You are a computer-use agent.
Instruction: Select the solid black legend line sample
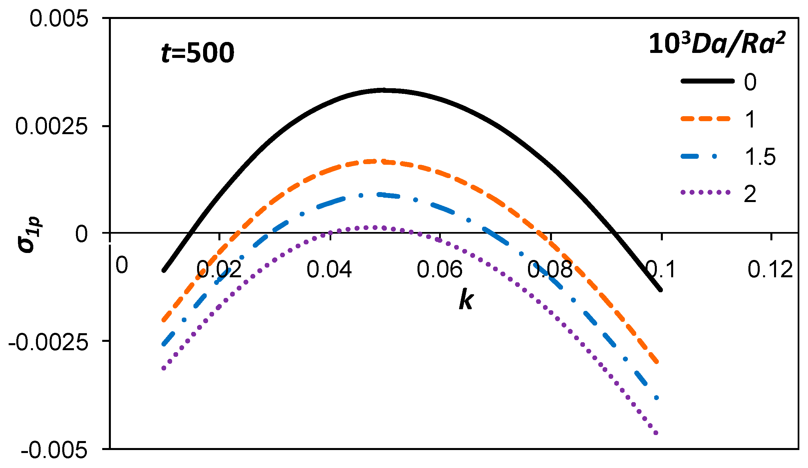tap(707, 81)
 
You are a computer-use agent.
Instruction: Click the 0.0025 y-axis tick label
tap(52, 126)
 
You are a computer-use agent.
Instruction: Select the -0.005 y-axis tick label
tap(54, 450)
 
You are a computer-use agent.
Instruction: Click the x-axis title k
tap(466, 300)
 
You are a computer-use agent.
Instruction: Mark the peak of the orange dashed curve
tap(378, 161)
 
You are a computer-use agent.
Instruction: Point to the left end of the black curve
tap(164, 270)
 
